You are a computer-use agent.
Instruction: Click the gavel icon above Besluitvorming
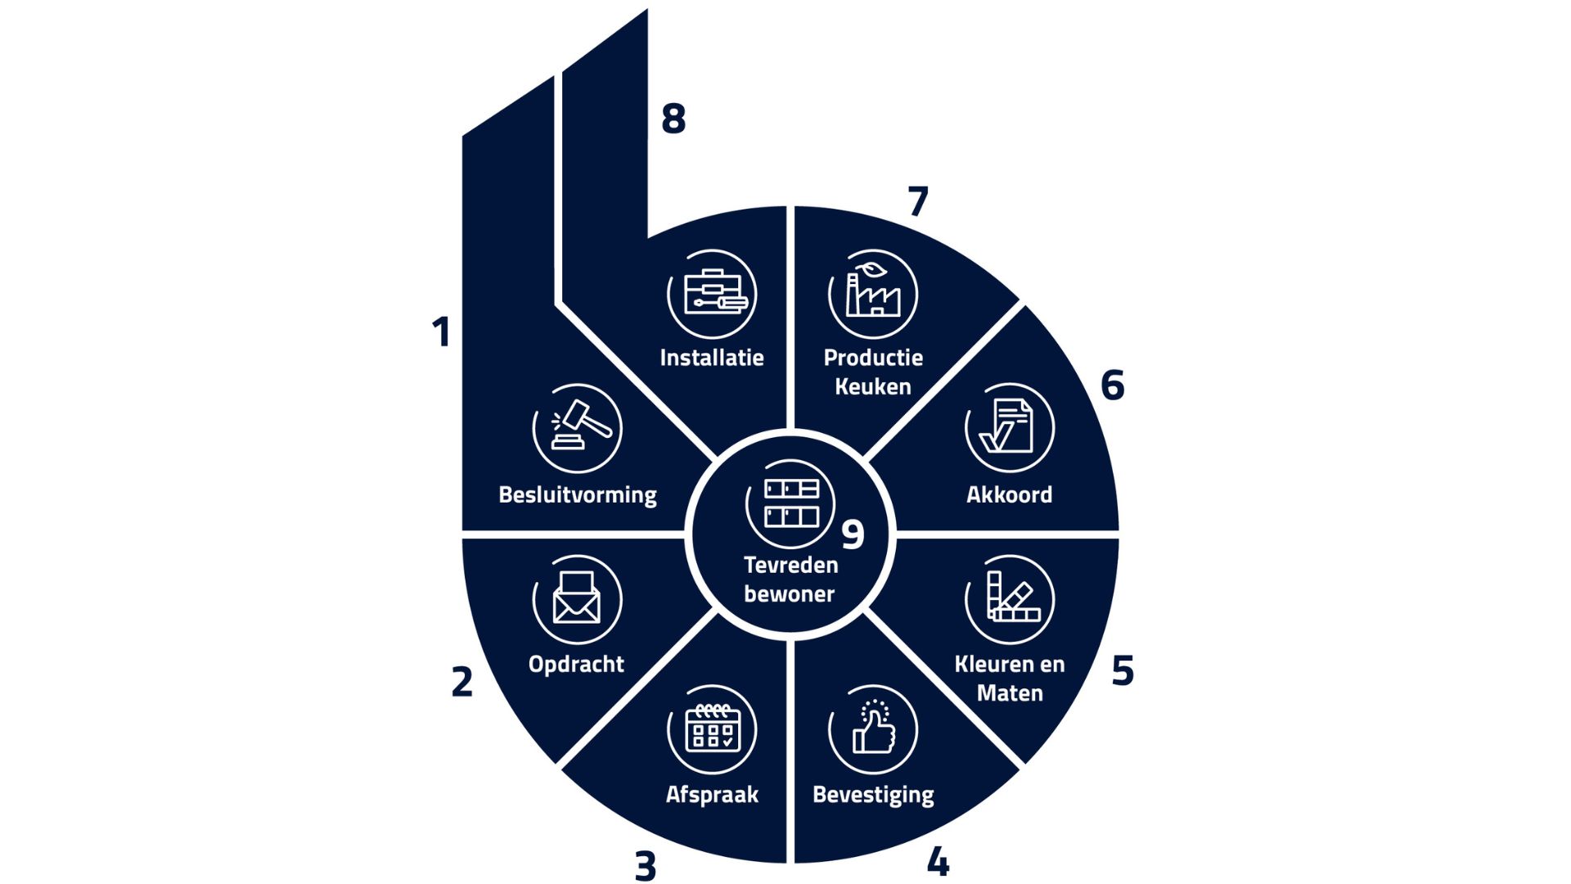(x=578, y=428)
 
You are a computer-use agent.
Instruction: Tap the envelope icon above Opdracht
(x=578, y=599)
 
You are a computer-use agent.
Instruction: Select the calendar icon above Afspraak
(x=712, y=728)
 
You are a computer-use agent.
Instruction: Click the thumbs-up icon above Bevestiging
(x=873, y=728)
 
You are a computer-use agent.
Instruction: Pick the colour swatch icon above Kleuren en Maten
(x=1010, y=599)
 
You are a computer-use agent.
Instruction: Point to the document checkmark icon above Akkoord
(x=1010, y=428)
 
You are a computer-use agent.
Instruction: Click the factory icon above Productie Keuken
(x=873, y=294)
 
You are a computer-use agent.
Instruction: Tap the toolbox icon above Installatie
(x=712, y=294)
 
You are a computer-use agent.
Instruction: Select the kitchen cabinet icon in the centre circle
(x=790, y=503)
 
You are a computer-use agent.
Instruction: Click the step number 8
(x=673, y=119)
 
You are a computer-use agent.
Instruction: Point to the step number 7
(x=918, y=201)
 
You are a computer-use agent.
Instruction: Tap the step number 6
(x=1113, y=385)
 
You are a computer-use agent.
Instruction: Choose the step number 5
(x=1123, y=670)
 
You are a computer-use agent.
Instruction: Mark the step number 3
(x=646, y=866)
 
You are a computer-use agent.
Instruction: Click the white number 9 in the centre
(x=853, y=535)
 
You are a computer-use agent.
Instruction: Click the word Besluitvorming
(x=578, y=495)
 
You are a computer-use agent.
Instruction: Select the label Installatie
(x=712, y=358)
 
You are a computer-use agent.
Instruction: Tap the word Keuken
(x=873, y=386)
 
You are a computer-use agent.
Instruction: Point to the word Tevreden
(x=790, y=565)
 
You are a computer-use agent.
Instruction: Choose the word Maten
(x=1010, y=693)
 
